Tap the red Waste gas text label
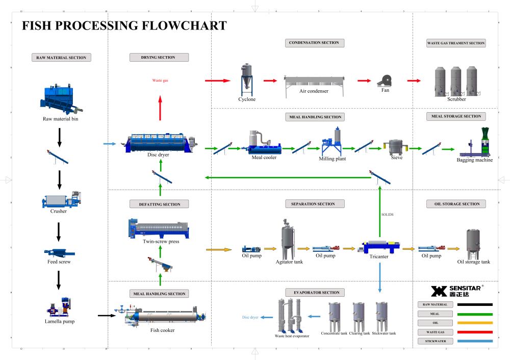point(160,81)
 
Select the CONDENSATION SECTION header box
point(314,43)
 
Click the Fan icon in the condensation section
point(385,81)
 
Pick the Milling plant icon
point(334,142)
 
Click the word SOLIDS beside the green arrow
point(388,215)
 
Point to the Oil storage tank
point(473,244)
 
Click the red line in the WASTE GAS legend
point(475,332)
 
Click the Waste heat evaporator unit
point(288,316)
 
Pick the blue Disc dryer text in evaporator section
point(250,317)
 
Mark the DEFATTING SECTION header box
point(159,204)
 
